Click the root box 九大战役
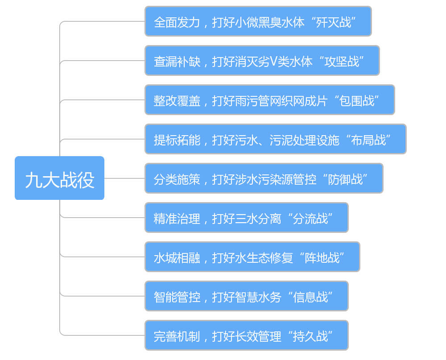pyautogui.click(x=59, y=178)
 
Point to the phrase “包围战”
pyautogui.click(x=356, y=100)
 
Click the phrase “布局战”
pyautogui.click(x=368, y=140)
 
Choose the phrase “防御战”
pyautogui.click(x=345, y=179)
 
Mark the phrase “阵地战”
pyautogui.click(x=322, y=257)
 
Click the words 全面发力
pyautogui.click(x=177, y=22)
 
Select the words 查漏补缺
pyautogui.click(x=177, y=62)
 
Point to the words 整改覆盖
pyautogui.click(x=177, y=101)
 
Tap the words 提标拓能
pyautogui.click(x=177, y=140)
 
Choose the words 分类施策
pyautogui.click(x=177, y=179)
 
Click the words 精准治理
pyautogui.click(x=177, y=219)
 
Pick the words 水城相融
pyautogui.click(x=177, y=258)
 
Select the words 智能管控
pyautogui.click(x=177, y=297)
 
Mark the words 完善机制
pyautogui.click(x=177, y=336)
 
